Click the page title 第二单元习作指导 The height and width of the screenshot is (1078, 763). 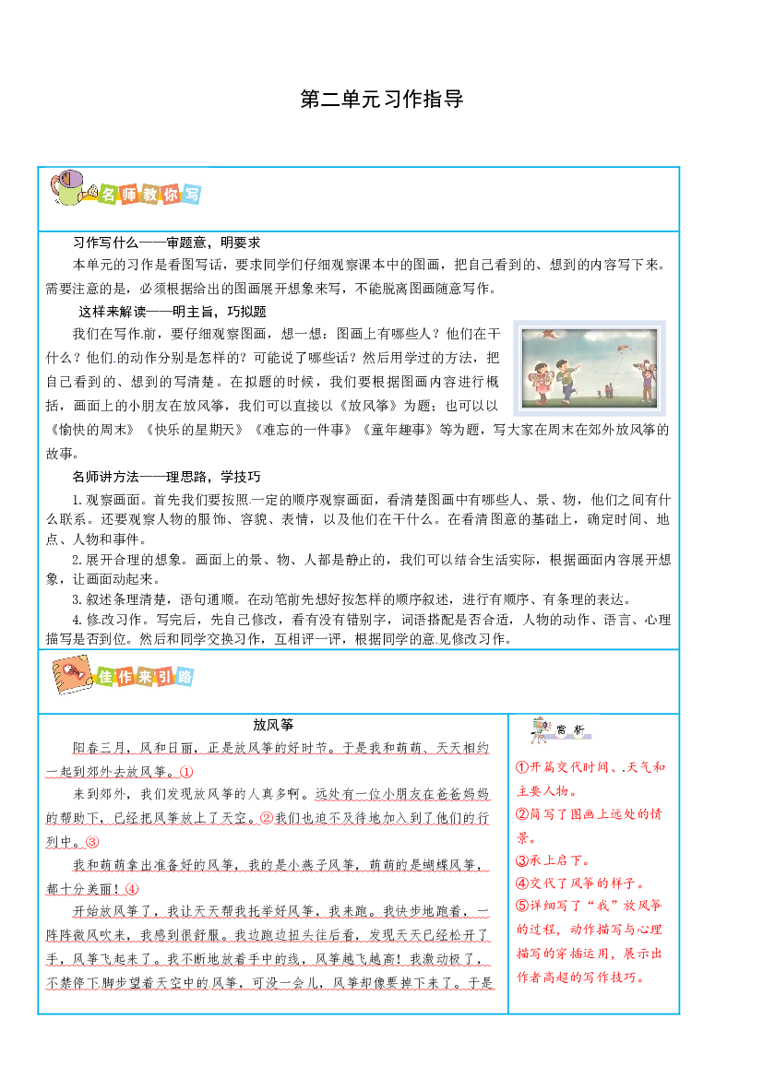pyautogui.click(x=382, y=99)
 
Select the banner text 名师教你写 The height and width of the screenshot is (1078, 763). pyautogui.click(x=149, y=194)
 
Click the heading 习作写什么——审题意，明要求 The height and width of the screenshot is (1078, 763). pyautogui.click(x=166, y=243)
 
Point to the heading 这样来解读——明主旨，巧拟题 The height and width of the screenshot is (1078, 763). pyautogui.click(x=172, y=312)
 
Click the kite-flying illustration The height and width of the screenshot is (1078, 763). pyautogui.click(x=590, y=368)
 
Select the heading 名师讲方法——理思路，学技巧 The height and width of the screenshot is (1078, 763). pyautogui.click(x=166, y=477)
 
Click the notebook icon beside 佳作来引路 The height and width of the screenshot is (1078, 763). pyautogui.click(x=72, y=674)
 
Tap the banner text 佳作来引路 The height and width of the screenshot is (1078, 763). pyautogui.click(x=145, y=677)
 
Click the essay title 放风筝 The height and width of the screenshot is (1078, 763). pyautogui.click(x=273, y=725)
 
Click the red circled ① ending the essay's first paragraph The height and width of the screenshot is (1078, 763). pyautogui.click(x=186, y=772)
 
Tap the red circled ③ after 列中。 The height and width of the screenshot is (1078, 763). pyautogui.click(x=92, y=842)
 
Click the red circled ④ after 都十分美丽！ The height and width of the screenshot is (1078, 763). pyautogui.click(x=132, y=889)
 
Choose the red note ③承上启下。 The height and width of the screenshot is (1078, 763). pyautogui.click(x=553, y=860)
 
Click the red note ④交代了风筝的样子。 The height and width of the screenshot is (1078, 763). pyautogui.click(x=580, y=883)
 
